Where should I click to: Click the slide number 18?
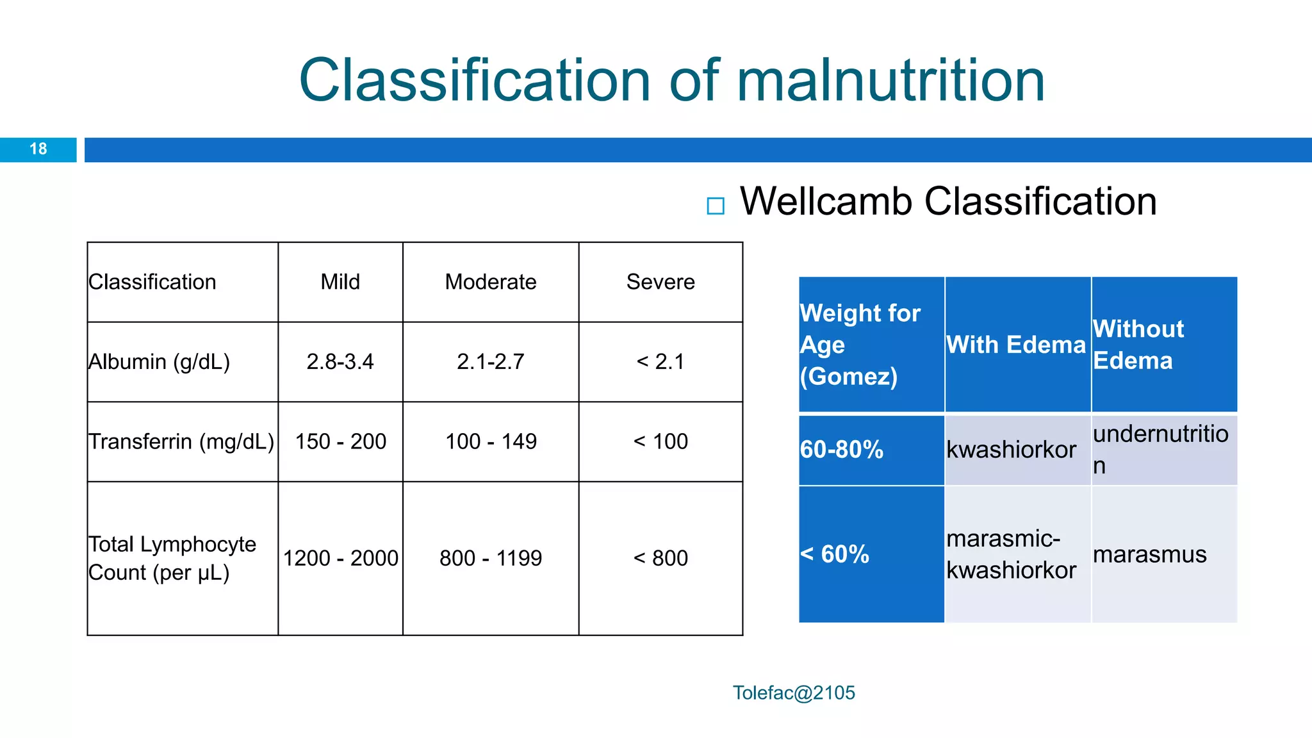click(x=38, y=149)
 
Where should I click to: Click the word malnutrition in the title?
click(x=890, y=81)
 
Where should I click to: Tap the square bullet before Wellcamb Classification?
click(x=715, y=206)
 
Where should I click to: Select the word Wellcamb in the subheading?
click(x=826, y=202)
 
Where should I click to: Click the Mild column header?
click(x=340, y=282)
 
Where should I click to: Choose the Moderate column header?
click(x=491, y=282)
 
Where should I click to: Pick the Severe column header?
click(x=660, y=282)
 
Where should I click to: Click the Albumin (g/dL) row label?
click(x=159, y=362)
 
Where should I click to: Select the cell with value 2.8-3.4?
click(x=340, y=362)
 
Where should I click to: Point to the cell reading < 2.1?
click(x=660, y=362)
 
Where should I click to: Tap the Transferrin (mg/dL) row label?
click(x=181, y=442)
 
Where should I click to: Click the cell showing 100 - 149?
click(x=491, y=442)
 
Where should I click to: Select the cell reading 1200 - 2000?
click(x=340, y=559)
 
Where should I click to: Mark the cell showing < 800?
click(x=660, y=559)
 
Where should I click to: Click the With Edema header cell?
click(x=1017, y=345)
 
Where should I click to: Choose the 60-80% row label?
click(x=842, y=450)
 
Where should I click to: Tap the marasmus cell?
click(x=1149, y=555)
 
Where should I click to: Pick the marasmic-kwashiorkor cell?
click(x=1011, y=555)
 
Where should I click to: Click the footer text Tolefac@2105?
click(x=794, y=693)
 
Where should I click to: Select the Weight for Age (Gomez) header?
click(x=860, y=345)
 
